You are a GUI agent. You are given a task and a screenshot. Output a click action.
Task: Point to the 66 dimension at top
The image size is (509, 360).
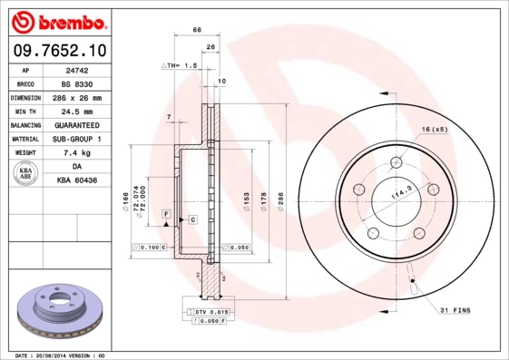pyautogui.click(x=197, y=31)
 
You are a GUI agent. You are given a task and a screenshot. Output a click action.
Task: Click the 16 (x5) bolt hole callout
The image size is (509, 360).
pyautogui.click(x=434, y=129)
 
